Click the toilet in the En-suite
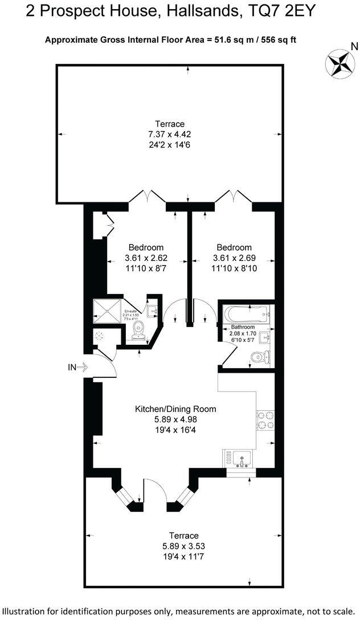point(137,331)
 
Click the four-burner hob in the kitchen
point(265,422)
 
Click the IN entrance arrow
point(78,367)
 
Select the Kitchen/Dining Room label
point(175,409)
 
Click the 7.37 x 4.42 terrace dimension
point(170,134)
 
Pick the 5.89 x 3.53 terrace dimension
point(183,546)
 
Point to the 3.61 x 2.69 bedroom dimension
point(234,258)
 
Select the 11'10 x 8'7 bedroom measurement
point(146,268)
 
